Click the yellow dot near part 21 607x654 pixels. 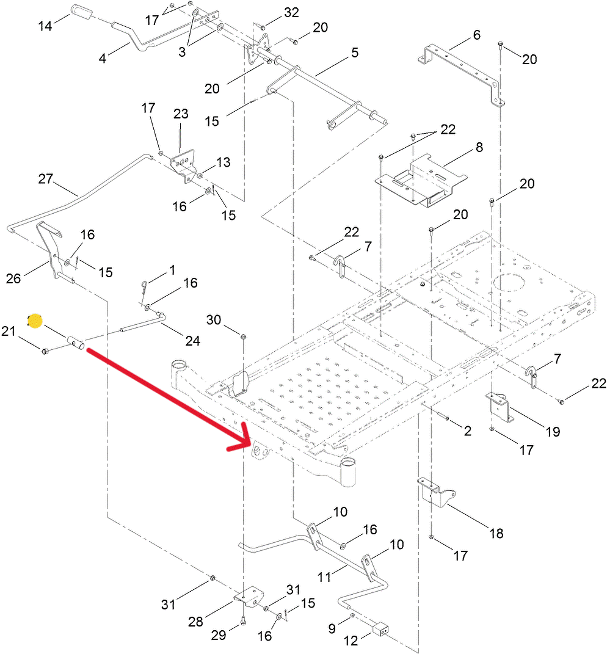(x=35, y=321)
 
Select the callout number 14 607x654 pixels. (x=46, y=27)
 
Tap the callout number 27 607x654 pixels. (x=46, y=180)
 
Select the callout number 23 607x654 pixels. (x=181, y=114)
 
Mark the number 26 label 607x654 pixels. (x=13, y=278)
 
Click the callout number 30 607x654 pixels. (x=214, y=320)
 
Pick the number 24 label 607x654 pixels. (x=192, y=341)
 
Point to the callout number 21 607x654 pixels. (x=8, y=331)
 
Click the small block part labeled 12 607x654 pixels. (x=380, y=629)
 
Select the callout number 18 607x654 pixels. (x=496, y=533)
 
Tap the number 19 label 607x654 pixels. (x=553, y=432)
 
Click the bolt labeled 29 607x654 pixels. (x=243, y=622)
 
